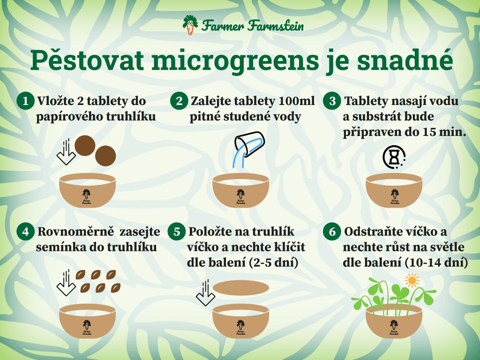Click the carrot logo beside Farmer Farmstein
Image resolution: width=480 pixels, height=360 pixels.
[190, 25]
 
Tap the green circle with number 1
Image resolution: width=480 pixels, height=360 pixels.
[25, 101]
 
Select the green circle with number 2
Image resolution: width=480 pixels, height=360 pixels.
[179, 101]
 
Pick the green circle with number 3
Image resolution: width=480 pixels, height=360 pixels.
[332, 101]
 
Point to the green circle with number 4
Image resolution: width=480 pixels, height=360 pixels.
[25, 232]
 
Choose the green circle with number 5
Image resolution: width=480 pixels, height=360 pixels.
[177, 232]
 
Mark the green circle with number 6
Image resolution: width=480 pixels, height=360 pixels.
[332, 232]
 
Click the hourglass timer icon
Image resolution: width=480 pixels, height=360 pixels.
[394, 157]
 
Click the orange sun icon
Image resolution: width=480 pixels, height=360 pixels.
[412, 280]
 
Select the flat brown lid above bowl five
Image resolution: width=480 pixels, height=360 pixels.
[240, 288]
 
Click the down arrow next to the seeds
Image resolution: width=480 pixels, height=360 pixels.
[66, 283]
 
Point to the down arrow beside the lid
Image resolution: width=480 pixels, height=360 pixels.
[205, 292]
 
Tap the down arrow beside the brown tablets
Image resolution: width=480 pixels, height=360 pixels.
[66, 151]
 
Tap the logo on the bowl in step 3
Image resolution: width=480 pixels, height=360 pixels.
[395, 196]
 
